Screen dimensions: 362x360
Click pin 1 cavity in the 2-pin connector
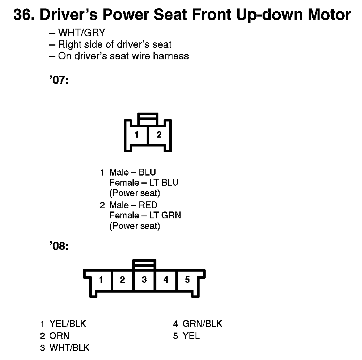[x=137, y=135]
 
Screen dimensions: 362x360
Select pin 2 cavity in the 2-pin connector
[x=159, y=135]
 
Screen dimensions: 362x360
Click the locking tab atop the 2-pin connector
[x=148, y=120]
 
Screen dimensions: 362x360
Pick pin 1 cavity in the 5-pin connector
[x=101, y=280]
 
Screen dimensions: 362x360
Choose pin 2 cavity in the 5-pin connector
[x=122, y=280]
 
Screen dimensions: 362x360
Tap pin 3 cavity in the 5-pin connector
[x=144, y=280]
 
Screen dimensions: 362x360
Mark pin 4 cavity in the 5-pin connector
[x=166, y=280]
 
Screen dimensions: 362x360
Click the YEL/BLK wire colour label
[x=68, y=324]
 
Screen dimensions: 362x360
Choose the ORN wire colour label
[x=59, y=336]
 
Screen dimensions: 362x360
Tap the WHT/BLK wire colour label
[x=69, y=347]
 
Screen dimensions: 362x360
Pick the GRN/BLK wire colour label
[x=202, y=324]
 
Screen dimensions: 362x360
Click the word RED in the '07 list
[x=148, y=205]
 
